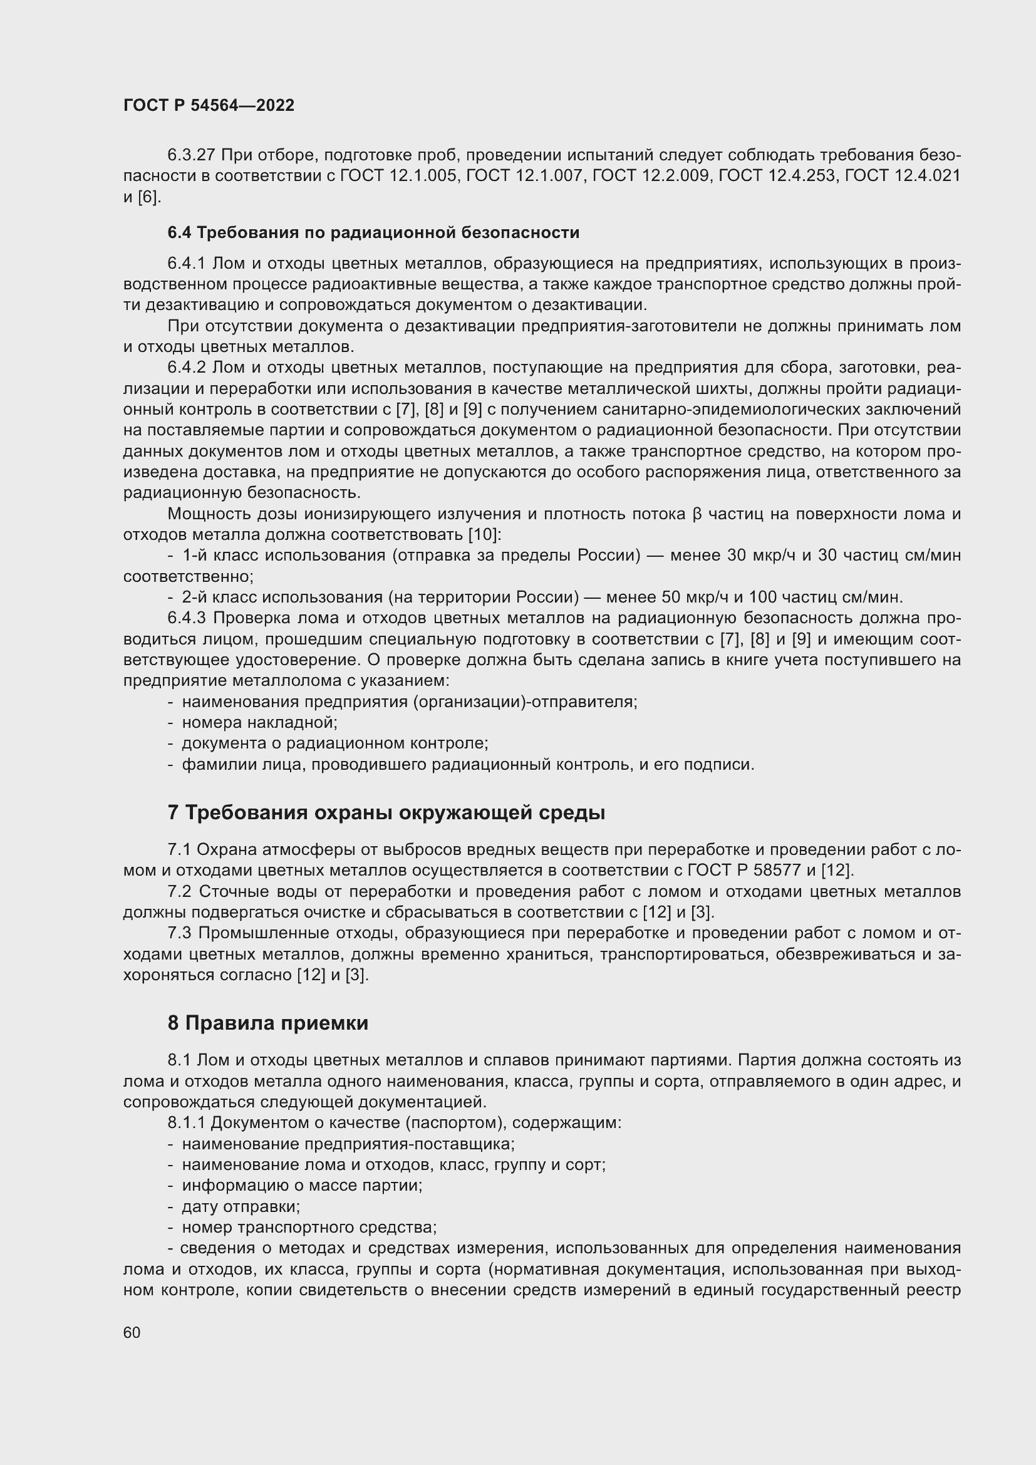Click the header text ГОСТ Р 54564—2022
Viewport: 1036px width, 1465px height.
[x=209, y=106]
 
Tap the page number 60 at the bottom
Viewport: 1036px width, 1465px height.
[x=132, y=1333]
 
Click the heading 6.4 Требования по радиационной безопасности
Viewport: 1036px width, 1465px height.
[x=373, y=233]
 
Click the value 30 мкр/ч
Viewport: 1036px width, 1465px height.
[x=762, y=556]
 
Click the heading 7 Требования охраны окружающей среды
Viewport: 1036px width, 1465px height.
[x=386, y=813]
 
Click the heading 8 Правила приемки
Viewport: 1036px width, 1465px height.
[x=268, y=1023]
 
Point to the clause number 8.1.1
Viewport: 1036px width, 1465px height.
[x=186, y=1122]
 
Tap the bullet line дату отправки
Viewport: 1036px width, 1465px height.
[x=241, y=1206]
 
